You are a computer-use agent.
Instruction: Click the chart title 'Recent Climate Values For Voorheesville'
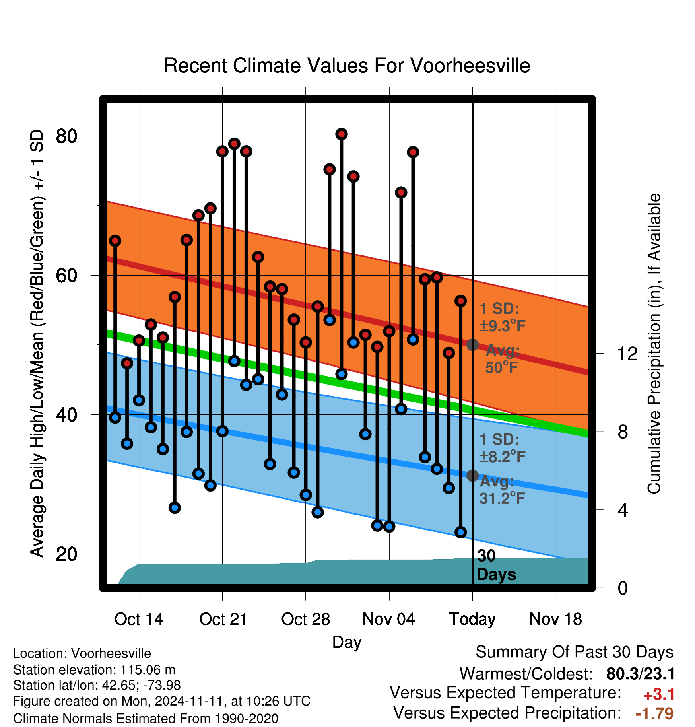(347, 66)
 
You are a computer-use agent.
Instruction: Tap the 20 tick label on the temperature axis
(66, 554)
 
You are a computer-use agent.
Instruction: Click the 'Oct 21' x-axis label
(223, 619)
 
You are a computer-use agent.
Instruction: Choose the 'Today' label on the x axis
(472, 619)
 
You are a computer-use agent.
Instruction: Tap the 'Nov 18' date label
(556, 619)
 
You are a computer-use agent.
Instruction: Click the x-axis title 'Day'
(347, 642)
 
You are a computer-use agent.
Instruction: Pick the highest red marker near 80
(342, 134)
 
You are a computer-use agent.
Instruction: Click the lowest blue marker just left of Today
(460, 532)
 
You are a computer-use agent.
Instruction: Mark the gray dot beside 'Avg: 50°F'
(472, 345)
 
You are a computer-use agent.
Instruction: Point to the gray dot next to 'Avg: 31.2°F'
(472, 475)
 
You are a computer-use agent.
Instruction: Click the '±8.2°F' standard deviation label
(502, 456)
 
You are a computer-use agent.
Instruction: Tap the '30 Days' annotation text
(496, 565)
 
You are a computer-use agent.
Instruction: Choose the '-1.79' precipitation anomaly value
(654, 713)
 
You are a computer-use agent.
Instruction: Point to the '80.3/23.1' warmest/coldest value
(640, 674)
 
